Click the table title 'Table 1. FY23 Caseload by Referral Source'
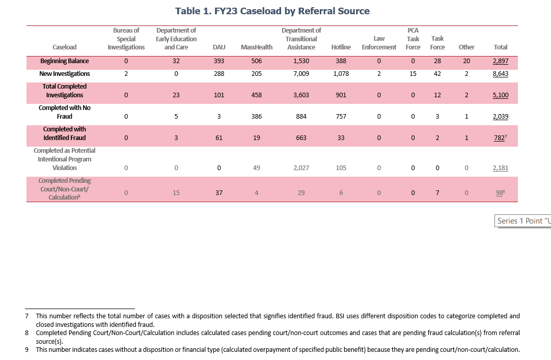(272, 11)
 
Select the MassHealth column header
(256, 47)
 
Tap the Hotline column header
(341, 47)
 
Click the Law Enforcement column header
(379, 43)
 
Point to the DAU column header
(219, 47)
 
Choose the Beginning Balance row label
(65, 61)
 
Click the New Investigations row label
(65, 74)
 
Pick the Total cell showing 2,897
(500, 61)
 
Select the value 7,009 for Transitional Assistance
(301, 74)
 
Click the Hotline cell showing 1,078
(341, 74)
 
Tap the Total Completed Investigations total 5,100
(500, 95)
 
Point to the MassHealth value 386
(256, 117)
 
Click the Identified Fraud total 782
(500, 138)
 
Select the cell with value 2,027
(301, 168)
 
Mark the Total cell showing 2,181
(500, 168)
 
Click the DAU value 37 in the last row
(219, 193)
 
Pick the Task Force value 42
(437, 74)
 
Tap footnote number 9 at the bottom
(26, 350)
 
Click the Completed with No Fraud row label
(65, 112)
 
